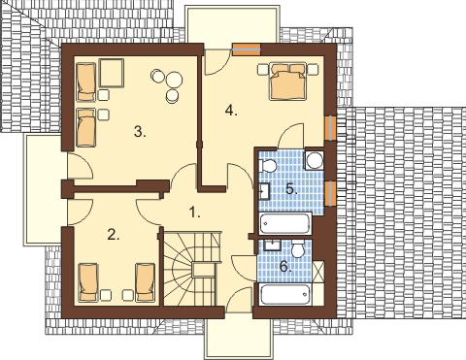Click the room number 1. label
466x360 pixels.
194,213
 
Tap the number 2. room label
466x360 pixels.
114,235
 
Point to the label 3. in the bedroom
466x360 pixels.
140,132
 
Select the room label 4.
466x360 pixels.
231,111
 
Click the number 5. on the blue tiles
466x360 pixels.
291,189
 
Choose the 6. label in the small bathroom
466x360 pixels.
285,267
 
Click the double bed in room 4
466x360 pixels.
288,81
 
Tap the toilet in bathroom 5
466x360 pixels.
267,166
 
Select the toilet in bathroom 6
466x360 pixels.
297,249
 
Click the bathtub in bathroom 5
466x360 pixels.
285,223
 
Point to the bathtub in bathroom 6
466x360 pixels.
285,294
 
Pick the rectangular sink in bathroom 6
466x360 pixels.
272,245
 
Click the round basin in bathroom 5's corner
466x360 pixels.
315,160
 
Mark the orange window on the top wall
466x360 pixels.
247,49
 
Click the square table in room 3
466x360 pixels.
112,73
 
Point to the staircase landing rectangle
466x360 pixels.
204,270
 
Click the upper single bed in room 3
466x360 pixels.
86,81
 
